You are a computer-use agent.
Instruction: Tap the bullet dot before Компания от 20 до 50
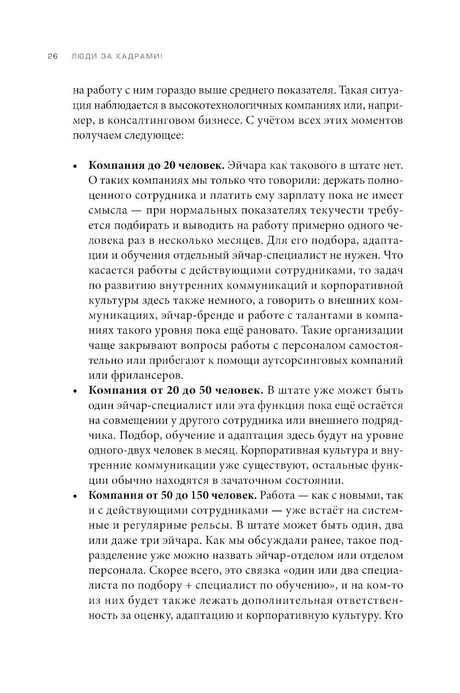click(x=75, y=391)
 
